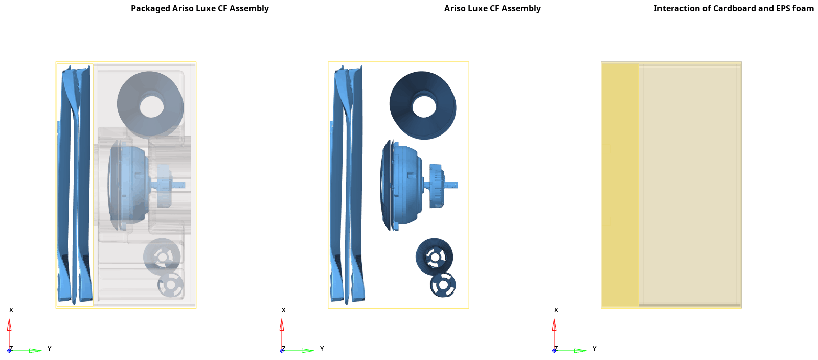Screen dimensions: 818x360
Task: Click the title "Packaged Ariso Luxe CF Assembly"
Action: [200, 8]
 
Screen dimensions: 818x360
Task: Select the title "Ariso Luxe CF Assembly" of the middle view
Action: [492, 8]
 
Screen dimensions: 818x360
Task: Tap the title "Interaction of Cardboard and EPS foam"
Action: [734, 8]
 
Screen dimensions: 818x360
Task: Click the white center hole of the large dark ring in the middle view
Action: [424, 106]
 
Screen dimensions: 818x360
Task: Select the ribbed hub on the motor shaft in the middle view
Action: [437, 186]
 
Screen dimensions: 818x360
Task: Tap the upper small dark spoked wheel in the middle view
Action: [434, 257]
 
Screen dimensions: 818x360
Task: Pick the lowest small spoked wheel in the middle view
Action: [443, 285]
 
